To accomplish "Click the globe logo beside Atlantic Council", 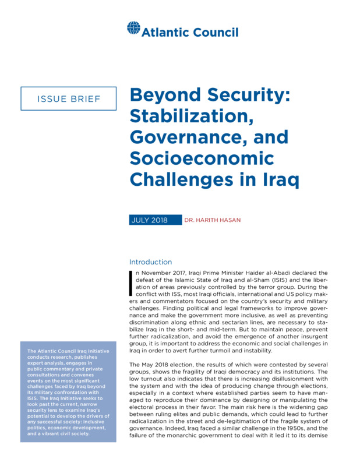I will pyautogui.click(x=133, y=28).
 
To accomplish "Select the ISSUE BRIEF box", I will pyautogui.click(x=69, y=98).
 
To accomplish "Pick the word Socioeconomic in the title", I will pyautogui.click(x=202, y=158).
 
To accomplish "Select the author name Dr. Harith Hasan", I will pyautogui.click(x=213, y=221).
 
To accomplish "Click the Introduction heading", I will pyautogui.click(x=150, y=262).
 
